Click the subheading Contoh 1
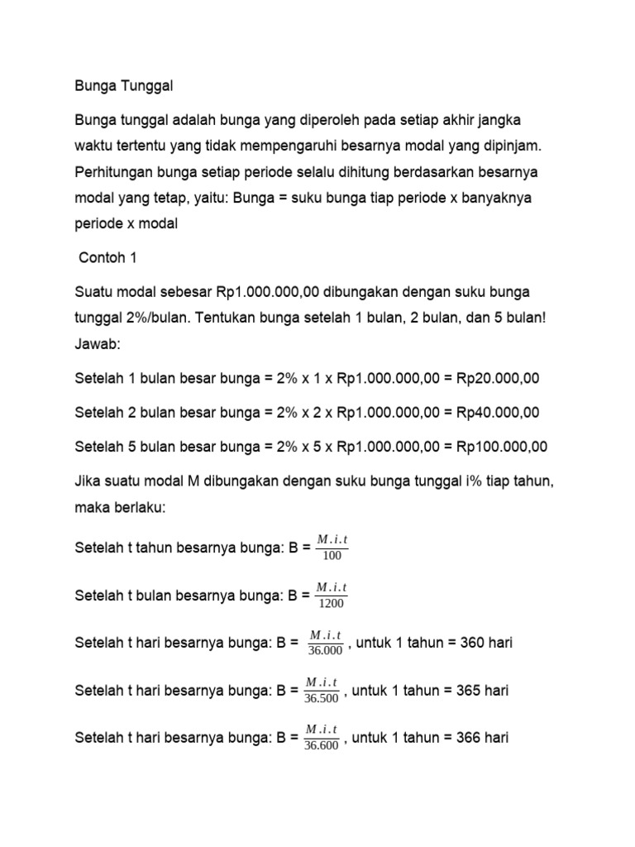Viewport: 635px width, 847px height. coord(107,258)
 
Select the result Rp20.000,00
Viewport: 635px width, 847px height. coord(498,378)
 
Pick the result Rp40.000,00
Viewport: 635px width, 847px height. coord(498,412)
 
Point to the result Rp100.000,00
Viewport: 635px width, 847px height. coord(502,447)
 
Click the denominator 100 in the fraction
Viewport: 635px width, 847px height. coord(332,556)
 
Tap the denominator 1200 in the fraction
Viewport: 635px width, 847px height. coord(332,603)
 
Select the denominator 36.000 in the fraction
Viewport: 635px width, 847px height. coord(325,651)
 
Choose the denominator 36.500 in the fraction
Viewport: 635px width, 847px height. coord(322,698)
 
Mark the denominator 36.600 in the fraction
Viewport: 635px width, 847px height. coord(322,746)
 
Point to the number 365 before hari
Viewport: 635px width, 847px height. coord(469,690)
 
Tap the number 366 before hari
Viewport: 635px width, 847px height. coord(469,738)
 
